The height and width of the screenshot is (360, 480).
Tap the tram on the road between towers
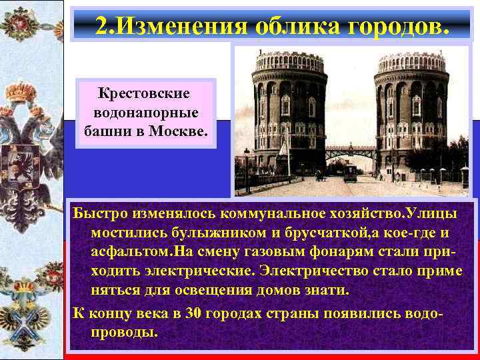coord(349,175)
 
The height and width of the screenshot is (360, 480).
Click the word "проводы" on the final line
coord(123,333)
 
